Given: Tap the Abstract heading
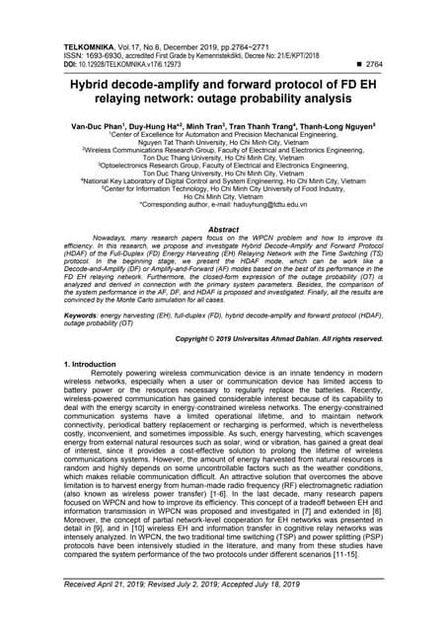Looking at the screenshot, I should coord(223,228).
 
